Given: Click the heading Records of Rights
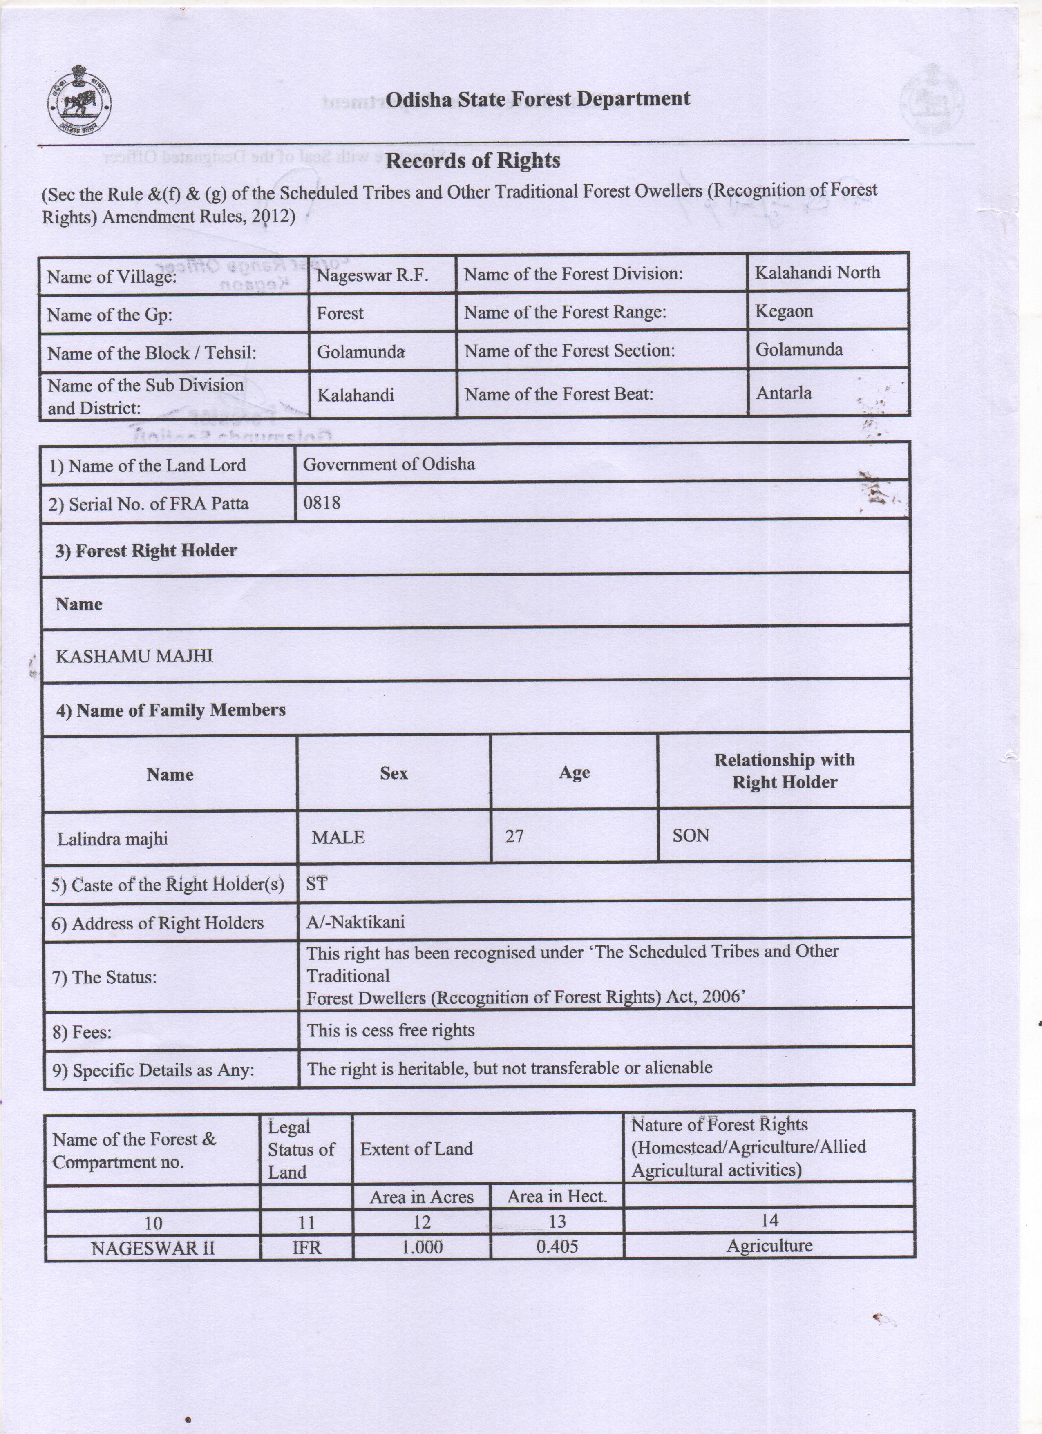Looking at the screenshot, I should (472, 161).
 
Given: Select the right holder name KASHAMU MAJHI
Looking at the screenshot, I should (134, 656).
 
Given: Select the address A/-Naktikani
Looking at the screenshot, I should (356, 921).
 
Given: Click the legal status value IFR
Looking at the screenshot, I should (306, 1247).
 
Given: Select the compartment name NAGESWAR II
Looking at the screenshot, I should (153, 1248).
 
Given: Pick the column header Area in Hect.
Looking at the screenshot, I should (557, 1196).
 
